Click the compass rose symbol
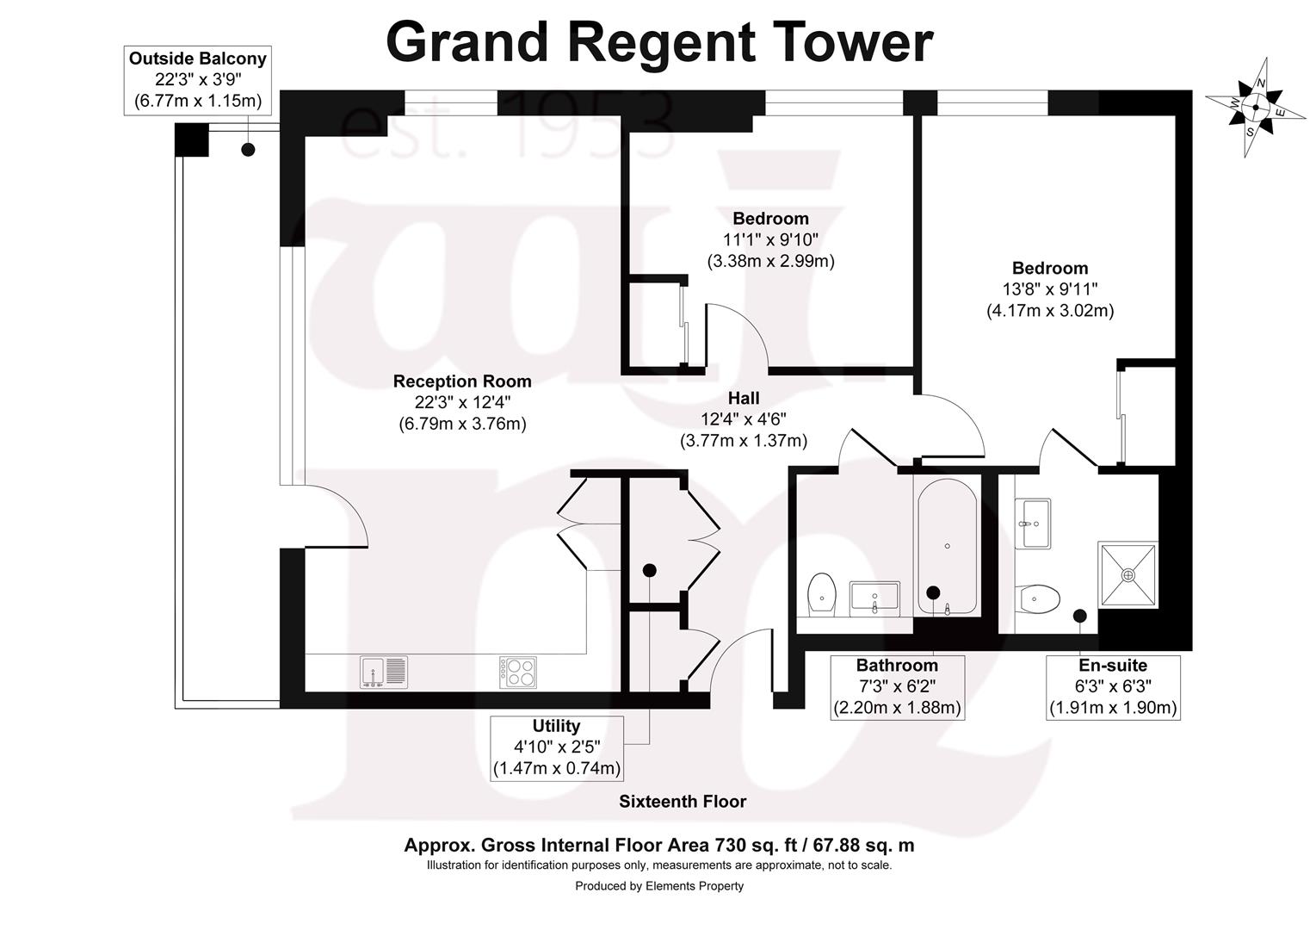(1256, 108)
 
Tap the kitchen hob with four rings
(517, 672)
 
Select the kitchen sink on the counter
(384, 672)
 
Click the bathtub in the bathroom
(947, 547)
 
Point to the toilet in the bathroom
(823, 594)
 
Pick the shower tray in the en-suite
(1128, 573)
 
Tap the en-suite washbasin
(1033, 523)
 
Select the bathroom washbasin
(874, 597)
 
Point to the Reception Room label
(462, 381)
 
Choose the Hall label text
(744, 399)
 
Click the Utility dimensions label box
(557, 747)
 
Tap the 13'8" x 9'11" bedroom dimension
(1050, 289)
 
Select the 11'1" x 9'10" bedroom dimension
(770, 239)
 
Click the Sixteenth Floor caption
(683, 802)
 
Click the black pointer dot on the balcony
(248, 150)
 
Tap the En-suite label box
(1113, 687)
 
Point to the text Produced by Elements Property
(659, 886)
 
